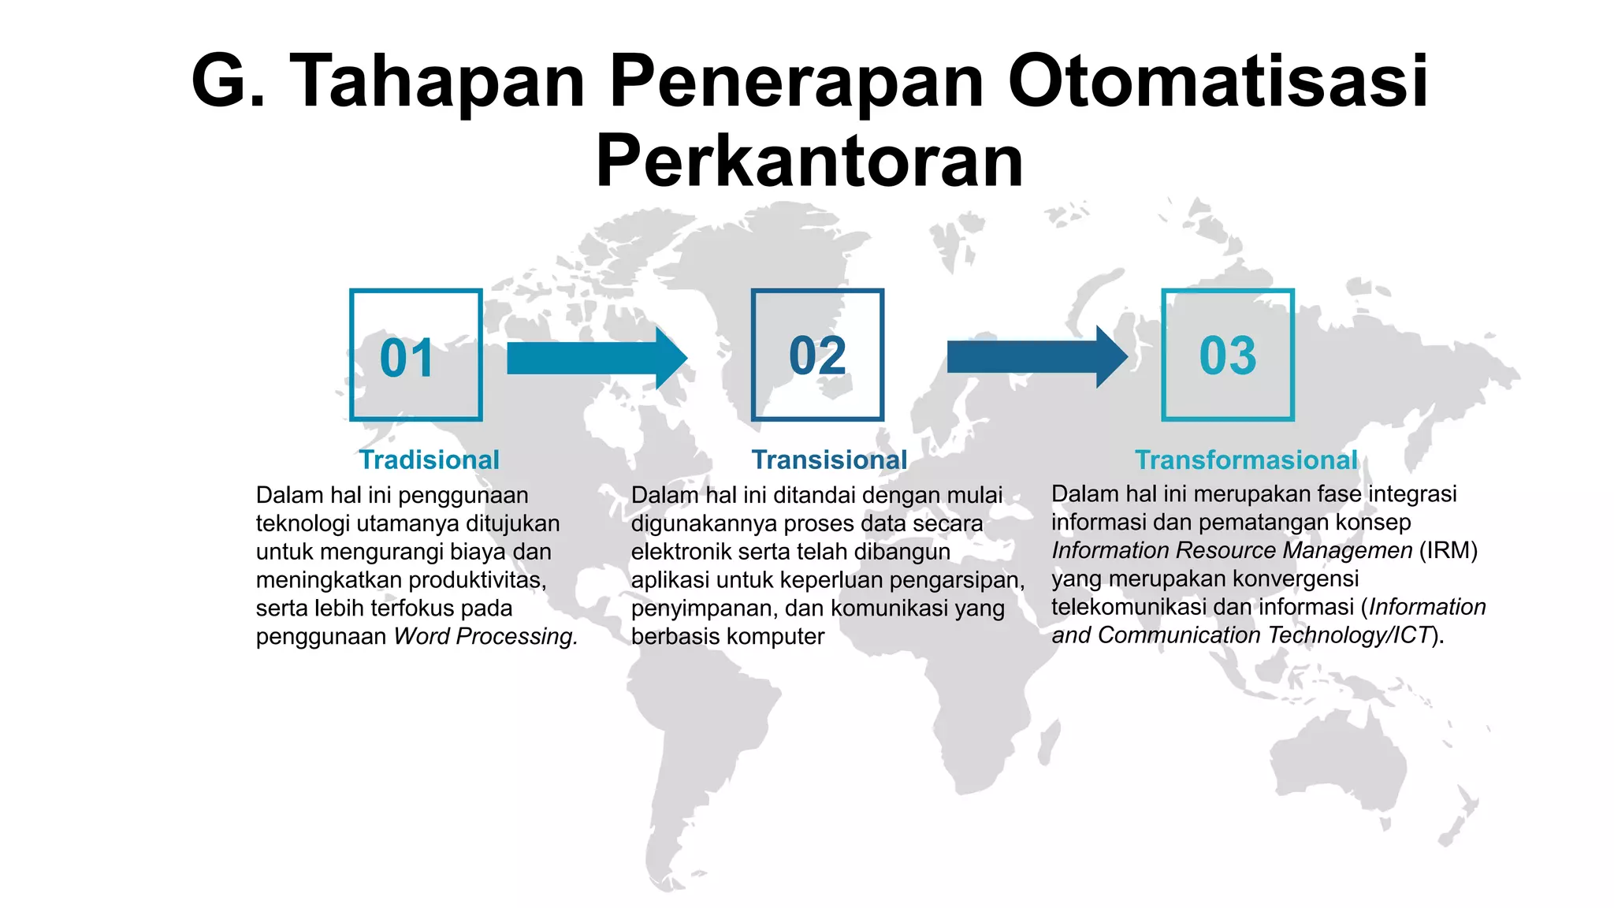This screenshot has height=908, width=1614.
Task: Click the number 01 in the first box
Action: point(407,359)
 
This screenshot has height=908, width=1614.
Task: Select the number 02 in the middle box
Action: point(817,355)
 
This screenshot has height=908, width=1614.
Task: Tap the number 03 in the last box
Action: point(1227,355)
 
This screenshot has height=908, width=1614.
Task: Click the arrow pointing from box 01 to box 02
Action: point(597,359)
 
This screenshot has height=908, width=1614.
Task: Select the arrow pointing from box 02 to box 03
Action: point(1036,357)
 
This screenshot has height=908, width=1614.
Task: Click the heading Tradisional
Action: point(429,460)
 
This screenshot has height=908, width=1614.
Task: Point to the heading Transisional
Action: point(829,460)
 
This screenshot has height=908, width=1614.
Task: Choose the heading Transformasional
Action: point(1246,460)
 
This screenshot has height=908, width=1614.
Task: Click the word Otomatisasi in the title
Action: point(1218,81)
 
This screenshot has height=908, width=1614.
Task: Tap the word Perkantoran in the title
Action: point(809,162)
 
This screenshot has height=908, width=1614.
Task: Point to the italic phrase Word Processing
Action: point(485,636)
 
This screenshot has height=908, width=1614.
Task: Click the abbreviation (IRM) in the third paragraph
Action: point(1448,550)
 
